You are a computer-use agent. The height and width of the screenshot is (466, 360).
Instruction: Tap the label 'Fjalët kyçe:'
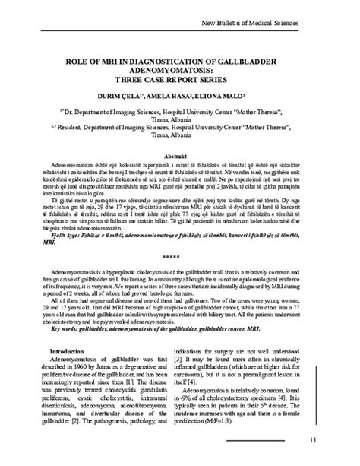click(66, 236)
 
